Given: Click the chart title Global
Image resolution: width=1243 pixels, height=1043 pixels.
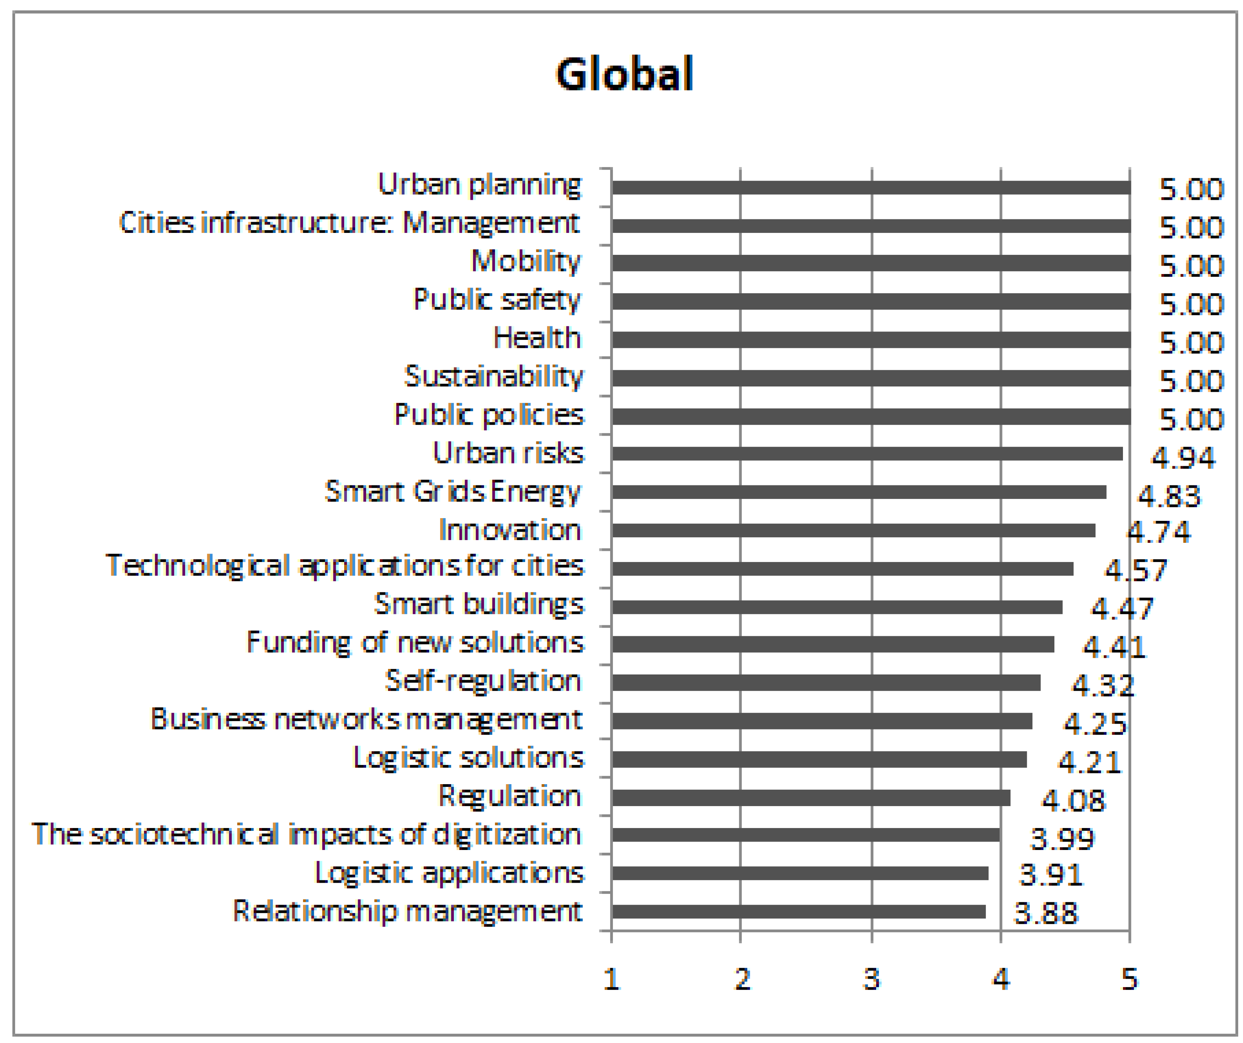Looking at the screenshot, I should pyautogui.click(x=624, y=75).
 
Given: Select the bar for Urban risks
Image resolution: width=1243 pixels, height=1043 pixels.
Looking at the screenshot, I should pyautogui.click(x=867, y=454).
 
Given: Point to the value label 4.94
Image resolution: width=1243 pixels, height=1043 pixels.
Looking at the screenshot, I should pyautogui.click(x=1183, y=457).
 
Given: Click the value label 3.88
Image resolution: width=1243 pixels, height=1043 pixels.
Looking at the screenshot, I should pyautogui.click(x=1046, y=913).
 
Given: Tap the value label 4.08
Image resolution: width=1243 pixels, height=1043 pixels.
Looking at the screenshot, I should pyautogui.click(x=1073, y=801).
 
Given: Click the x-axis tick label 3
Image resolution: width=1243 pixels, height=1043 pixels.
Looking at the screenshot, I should pyautogui.click(x=871, y=980).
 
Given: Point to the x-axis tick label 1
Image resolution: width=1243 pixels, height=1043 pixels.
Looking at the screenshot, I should pyautogui.click(x=611, y=980).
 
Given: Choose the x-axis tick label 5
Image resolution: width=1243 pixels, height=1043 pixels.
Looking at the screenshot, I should pyautogui.click(x=1129, y=980).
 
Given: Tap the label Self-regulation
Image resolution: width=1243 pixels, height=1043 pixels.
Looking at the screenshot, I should pyautogui.click(x=483, y=681).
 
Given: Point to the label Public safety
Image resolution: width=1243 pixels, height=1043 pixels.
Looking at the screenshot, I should pyautogui.click(x=497, y=300).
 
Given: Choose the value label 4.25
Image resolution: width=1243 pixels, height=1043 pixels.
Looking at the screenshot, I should pyautogui.click(x=1095, y=724).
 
